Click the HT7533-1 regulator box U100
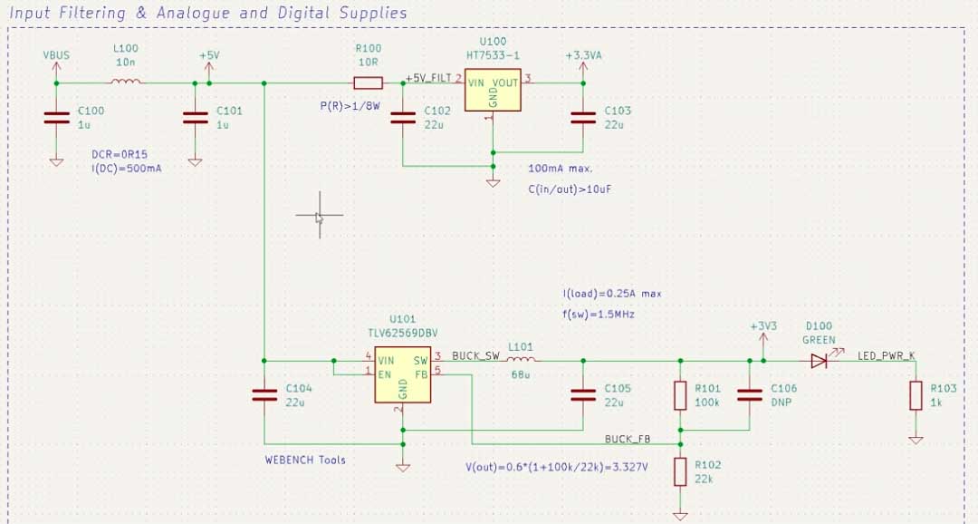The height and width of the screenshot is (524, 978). point(493,89)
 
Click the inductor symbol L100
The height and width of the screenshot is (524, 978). point(126,82)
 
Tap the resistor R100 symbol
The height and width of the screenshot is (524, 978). point(368,83)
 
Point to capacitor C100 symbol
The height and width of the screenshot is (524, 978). point(56,117)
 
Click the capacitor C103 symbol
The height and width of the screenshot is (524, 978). point(582,117)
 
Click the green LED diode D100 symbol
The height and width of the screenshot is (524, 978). point(820,361)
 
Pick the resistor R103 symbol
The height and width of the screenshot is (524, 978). point(916,395)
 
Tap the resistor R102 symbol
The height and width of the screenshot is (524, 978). point(680,471)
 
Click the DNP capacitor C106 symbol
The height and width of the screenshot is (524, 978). point(750,394)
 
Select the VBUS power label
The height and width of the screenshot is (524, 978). point(56,55)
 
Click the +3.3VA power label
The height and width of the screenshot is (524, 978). point(583,55)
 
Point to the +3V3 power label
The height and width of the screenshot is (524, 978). point(763,326)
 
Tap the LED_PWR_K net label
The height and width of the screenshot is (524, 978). point(887,355)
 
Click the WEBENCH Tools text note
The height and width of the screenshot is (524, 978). point(305,460)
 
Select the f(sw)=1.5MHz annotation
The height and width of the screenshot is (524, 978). point(599,313)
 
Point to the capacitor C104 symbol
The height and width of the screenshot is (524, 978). point(264,394)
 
